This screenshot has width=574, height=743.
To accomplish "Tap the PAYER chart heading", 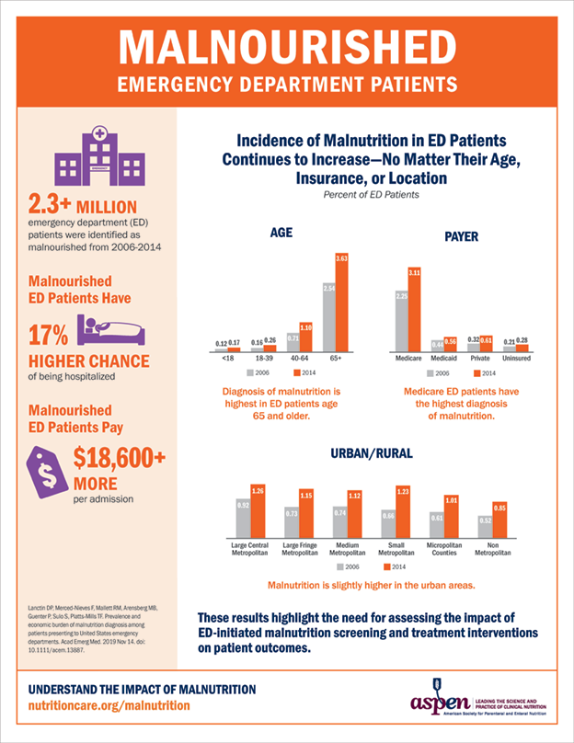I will coord(461,237).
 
